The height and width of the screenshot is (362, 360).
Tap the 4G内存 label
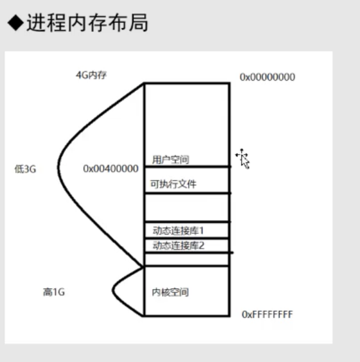coord(91,76)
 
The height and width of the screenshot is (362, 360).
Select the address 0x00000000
coord(267,77)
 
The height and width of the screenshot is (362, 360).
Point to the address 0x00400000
coord(111,169)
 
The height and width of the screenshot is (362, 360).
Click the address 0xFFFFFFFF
coord(267,314)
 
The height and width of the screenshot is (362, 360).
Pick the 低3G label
coord(26,169)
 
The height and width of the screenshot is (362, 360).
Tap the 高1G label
coord(54,292)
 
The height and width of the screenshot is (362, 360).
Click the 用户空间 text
coord(167,159)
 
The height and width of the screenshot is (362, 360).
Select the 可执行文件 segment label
coord(174,184)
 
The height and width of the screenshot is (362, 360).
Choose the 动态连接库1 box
coord(178,230)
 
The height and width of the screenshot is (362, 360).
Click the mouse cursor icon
coord(242,159)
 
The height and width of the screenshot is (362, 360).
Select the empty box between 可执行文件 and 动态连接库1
coord(186,207)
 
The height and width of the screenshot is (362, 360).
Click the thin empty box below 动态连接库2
coord(186,259)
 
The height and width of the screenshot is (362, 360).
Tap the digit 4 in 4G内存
coord(79,76)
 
